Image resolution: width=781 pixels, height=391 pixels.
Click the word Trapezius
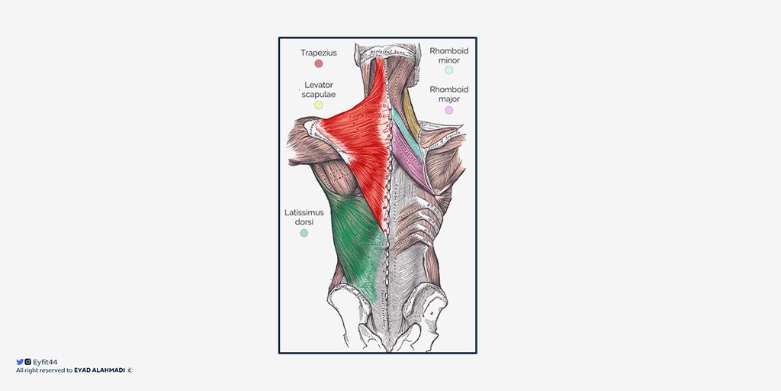[x=318, y=53]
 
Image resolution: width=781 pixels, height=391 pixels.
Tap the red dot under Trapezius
[x=319, y=63]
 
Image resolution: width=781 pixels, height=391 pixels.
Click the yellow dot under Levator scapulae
[x=319, y=105]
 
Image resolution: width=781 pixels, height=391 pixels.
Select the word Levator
[x=319, y=84]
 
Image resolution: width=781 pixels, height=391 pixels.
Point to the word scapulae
[x=319, y=94]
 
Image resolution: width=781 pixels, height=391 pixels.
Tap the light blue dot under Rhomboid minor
[x=449, y=70]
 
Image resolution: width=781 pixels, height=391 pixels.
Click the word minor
[x=449, y=60]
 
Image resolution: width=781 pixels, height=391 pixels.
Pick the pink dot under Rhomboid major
[x=449, y=110]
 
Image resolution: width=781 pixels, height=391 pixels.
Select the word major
[x=449, y=99]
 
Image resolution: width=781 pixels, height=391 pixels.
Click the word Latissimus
[x=304, y=212]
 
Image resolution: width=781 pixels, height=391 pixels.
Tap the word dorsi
[x=304, y=222]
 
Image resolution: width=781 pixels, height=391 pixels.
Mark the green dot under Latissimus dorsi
[x=304, y=233]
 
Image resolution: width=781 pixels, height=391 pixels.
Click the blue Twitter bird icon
[x=20, y=362]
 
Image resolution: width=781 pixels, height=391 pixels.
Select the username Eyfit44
[x=45, y=362]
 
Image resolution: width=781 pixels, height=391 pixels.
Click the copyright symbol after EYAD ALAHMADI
[x=130, y=370]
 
